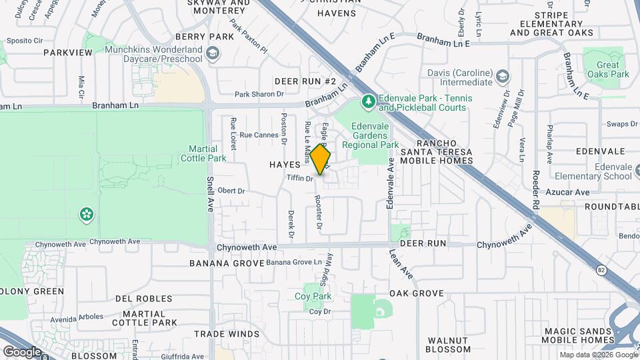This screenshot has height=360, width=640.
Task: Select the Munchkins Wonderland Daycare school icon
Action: [x=213, y=53]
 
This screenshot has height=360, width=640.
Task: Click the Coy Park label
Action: [x=313, y=296]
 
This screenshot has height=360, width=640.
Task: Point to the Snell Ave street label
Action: [x=210, y=191]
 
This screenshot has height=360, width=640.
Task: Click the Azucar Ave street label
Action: [x=573, y=192]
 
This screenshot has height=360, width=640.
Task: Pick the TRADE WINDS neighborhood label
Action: [x=227, y=334]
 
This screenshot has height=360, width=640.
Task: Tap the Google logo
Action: [x=22, y=351]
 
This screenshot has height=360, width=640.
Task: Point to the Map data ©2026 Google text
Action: [x=598, y=355]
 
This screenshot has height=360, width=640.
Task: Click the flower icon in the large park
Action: [x=86, y=215]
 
